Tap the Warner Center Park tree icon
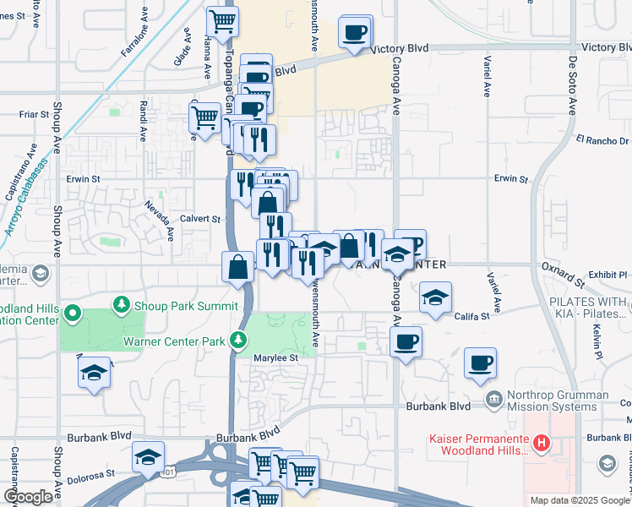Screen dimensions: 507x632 point(240,341)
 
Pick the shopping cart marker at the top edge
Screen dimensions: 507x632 point(222,21)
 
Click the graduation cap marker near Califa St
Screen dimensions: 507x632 point(435,297)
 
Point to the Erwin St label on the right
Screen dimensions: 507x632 point(510,179)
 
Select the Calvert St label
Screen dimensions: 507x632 point(200,218)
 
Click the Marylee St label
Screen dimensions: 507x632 point(277,358)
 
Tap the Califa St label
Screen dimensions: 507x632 point(473,316)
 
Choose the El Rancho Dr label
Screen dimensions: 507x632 point(603,139)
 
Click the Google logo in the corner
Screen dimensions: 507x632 point(29,496)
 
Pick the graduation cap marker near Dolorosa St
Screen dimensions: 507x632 point(148,458)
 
